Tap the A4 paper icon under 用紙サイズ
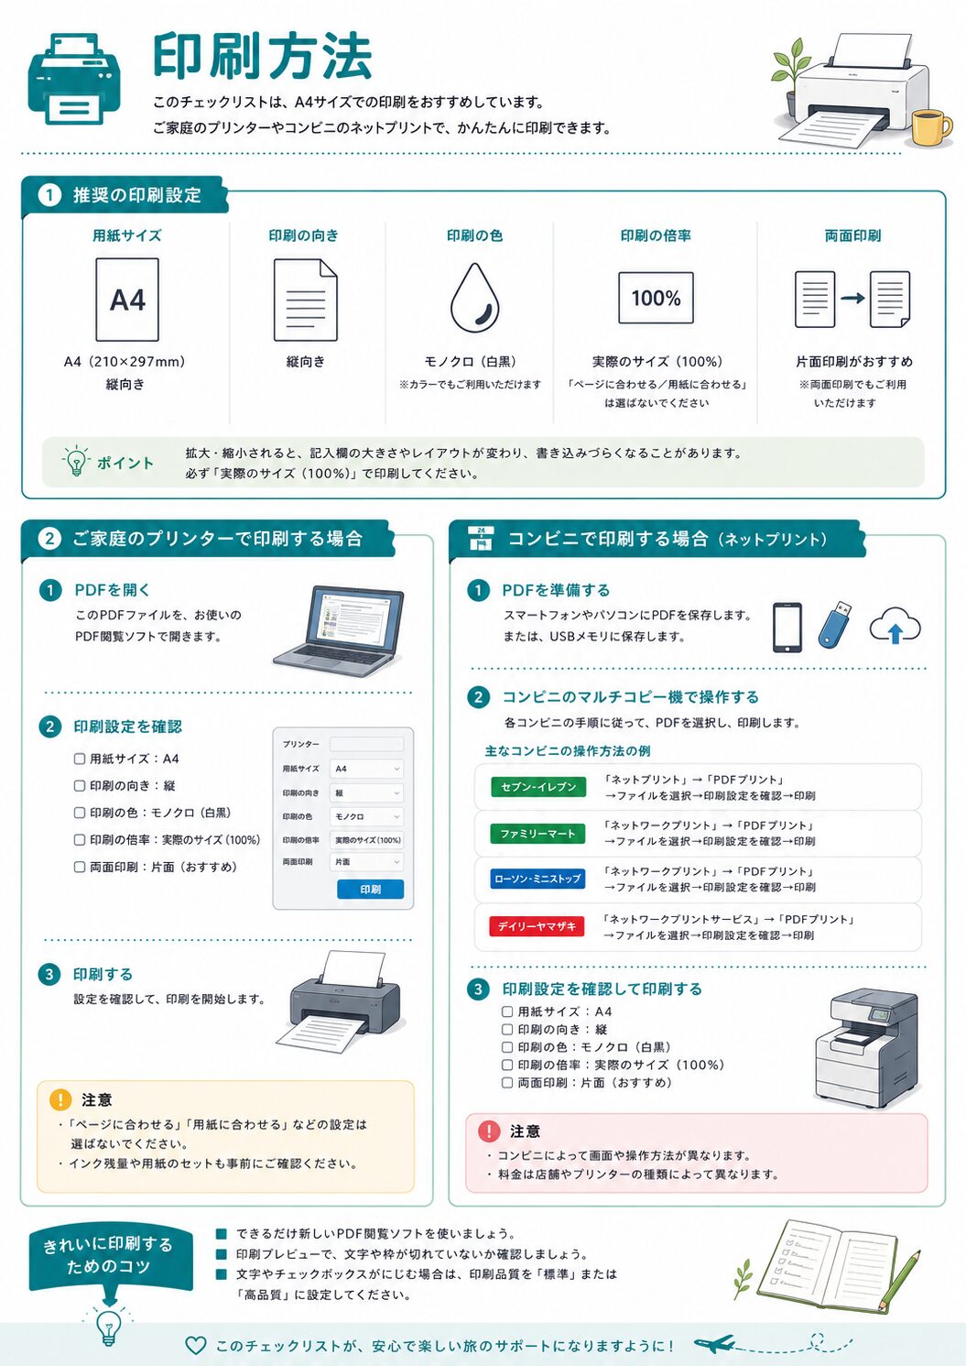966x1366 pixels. click(x=127, y=300)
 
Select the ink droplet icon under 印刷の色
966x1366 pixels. click(x=475, y=298)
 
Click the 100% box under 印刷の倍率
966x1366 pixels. click(x=656, y=298)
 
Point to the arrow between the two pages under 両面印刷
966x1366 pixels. click(x=852, y=298)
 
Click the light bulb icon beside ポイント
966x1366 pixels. click(x=76, y=461)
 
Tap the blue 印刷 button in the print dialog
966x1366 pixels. click(x=370, y=889)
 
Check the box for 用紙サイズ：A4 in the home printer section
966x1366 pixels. click(x=80, y=759)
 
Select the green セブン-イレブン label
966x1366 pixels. click(x=538, y=787)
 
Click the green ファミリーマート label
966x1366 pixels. click(x=537, y=834)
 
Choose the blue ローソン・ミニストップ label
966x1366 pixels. click(x=537, y=879)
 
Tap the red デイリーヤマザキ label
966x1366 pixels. click(x=537, y=926)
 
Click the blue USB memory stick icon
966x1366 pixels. click(x=834, y=624)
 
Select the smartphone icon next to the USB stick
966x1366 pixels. click(x=787, y=628)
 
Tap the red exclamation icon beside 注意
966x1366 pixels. click(x=489, y=1131)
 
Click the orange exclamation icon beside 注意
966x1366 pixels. click(x=60, y=1099)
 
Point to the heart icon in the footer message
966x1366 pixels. click(x=196, y=1345)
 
